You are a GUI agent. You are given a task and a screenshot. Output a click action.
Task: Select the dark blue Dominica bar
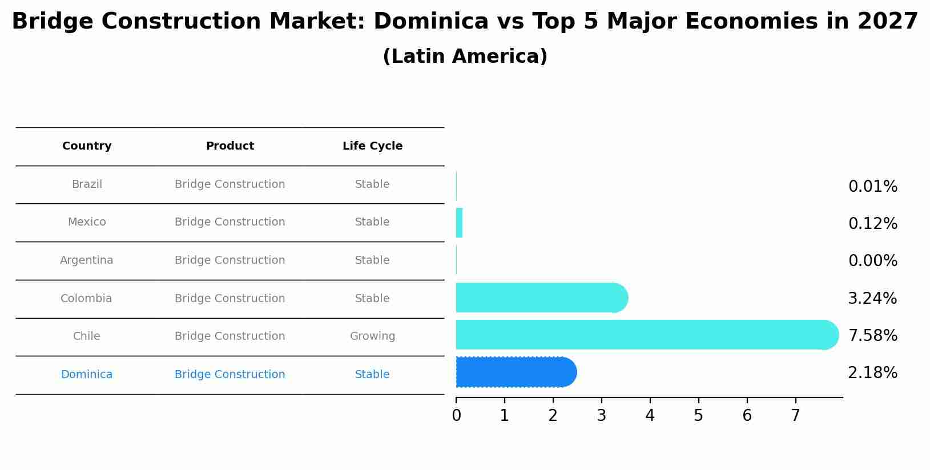[514, 372]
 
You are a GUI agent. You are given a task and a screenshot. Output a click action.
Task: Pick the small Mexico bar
[459, 223]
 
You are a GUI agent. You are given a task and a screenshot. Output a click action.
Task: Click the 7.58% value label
[872, 336]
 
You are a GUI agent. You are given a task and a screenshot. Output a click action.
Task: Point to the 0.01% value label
[872, 187]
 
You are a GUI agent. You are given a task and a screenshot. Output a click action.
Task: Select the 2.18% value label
[872, 373]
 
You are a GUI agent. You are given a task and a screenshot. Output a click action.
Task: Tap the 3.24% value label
[872, 299]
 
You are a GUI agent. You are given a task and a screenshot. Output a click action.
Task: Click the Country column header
[87, 146]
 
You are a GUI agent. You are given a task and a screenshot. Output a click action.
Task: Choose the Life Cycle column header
[372, 146]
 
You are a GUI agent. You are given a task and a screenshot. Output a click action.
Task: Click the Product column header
[230, 146]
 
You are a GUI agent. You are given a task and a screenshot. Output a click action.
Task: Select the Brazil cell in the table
[87, 184]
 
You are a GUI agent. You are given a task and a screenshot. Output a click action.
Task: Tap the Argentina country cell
[87, 260]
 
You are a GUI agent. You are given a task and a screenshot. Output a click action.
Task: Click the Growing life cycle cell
[372, 336]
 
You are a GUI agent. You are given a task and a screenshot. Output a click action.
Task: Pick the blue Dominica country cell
[87, 375]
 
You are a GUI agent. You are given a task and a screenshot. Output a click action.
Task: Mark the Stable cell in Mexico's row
[372, 222]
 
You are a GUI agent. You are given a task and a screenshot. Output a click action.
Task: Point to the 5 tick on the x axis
[698, 416]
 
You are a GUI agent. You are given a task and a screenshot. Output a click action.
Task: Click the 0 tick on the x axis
[456, 416]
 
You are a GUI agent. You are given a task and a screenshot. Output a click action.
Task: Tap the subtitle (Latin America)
[465, 57]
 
